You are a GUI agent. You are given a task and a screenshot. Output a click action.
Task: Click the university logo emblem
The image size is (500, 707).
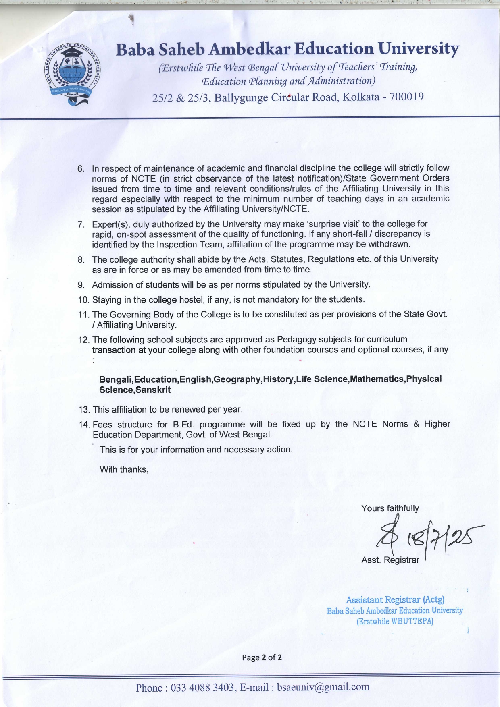[x=73, y=74]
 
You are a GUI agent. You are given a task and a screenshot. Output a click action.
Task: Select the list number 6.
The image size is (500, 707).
[x=81, y=168]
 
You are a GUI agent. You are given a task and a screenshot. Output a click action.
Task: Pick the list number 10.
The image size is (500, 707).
[x=83, y=300]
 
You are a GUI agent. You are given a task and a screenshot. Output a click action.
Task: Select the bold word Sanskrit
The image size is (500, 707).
[x=153, y=390]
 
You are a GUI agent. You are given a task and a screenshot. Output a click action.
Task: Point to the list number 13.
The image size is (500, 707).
[x=84, y=410]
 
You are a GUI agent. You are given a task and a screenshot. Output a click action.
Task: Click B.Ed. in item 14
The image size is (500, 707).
[x=183, y=424]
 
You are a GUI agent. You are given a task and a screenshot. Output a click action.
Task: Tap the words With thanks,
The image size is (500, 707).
[x=124, y=469]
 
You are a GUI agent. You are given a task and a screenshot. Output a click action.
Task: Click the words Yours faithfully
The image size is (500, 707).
[x=390, y=508]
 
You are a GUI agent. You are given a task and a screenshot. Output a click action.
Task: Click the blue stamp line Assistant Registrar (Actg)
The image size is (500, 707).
[x=395, y=600]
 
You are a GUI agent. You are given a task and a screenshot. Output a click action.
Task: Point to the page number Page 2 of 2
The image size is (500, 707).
[x=262, y=657]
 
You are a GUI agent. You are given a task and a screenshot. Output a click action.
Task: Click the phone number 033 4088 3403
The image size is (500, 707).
[x=202, y=688]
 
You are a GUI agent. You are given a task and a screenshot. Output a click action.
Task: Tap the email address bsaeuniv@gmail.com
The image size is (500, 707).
[x=323, y=687]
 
